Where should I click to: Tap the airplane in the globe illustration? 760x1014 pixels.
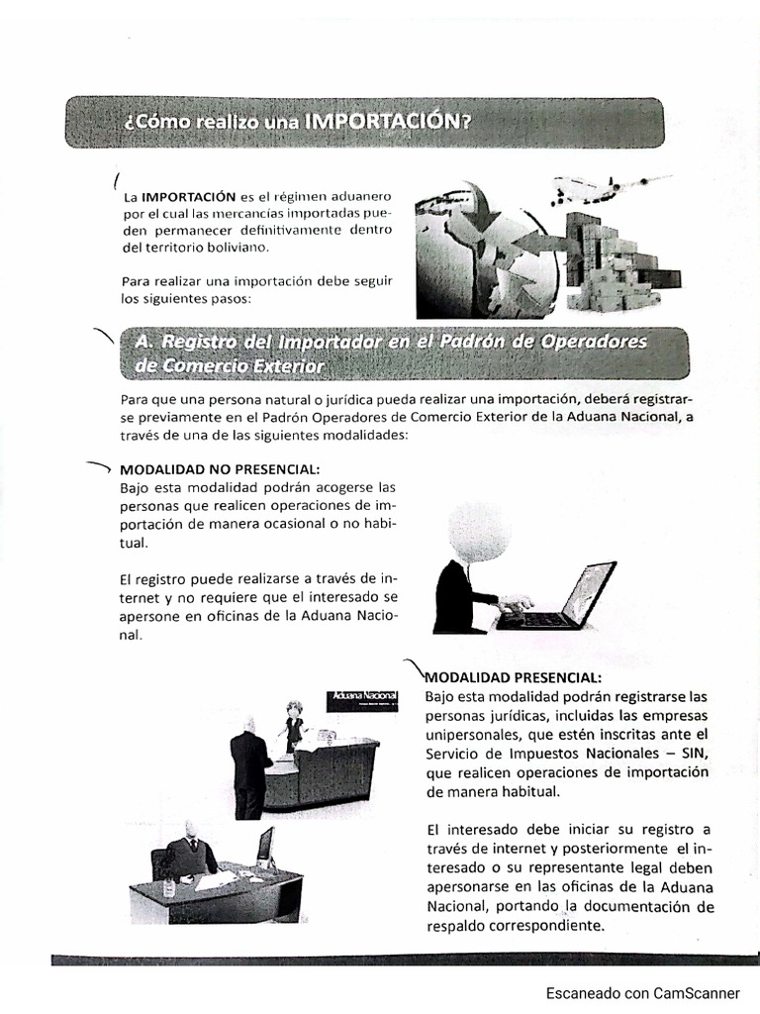coord(600,187)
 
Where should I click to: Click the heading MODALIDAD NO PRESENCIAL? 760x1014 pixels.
coord(220,468)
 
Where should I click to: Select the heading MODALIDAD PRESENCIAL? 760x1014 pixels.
coord(513,677)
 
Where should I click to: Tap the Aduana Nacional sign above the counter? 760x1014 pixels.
coord(361,698)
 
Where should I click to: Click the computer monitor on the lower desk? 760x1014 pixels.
coord(264,847)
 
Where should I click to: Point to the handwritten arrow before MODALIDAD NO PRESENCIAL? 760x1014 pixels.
coord(99,466)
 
